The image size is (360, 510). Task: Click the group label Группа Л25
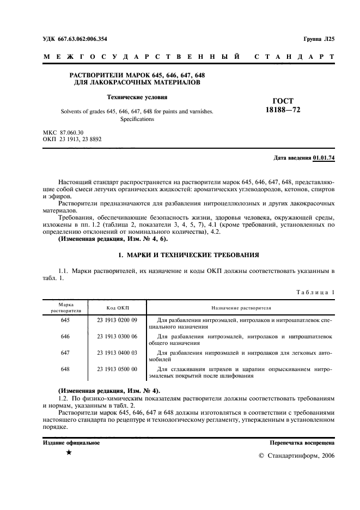(319, 39)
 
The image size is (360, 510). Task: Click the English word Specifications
(137, 119)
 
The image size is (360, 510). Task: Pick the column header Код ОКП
(117, 308)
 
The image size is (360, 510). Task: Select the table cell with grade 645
(65, 320)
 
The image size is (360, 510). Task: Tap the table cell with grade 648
(65, 369)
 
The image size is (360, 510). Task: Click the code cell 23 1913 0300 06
(117, 337)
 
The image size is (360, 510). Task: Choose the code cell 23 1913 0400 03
(117, 353)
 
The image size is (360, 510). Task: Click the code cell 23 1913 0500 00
(117, 369)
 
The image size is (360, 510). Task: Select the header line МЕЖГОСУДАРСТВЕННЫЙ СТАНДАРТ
(188, 57)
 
